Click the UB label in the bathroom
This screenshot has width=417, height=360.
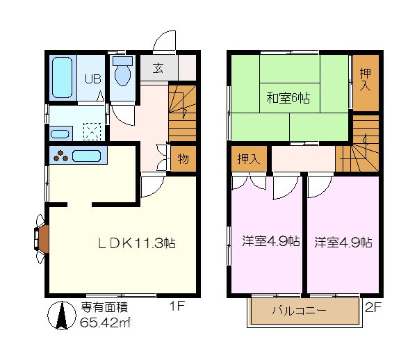coord(92,78)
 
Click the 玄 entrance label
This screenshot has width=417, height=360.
coord(158,68)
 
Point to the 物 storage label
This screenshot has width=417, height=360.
coord(183,158)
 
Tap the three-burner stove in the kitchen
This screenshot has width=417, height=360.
coord(61,156)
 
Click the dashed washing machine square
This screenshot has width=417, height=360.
coord(91,131)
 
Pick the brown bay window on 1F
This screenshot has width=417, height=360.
coord(41,238)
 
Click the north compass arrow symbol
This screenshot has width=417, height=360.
coord(61,317)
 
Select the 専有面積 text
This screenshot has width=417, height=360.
coord(104,307)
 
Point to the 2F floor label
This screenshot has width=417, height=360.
coord(374,305)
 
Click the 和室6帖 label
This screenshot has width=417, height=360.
coord(287,97)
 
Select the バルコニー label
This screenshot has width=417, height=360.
coord(300,311)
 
